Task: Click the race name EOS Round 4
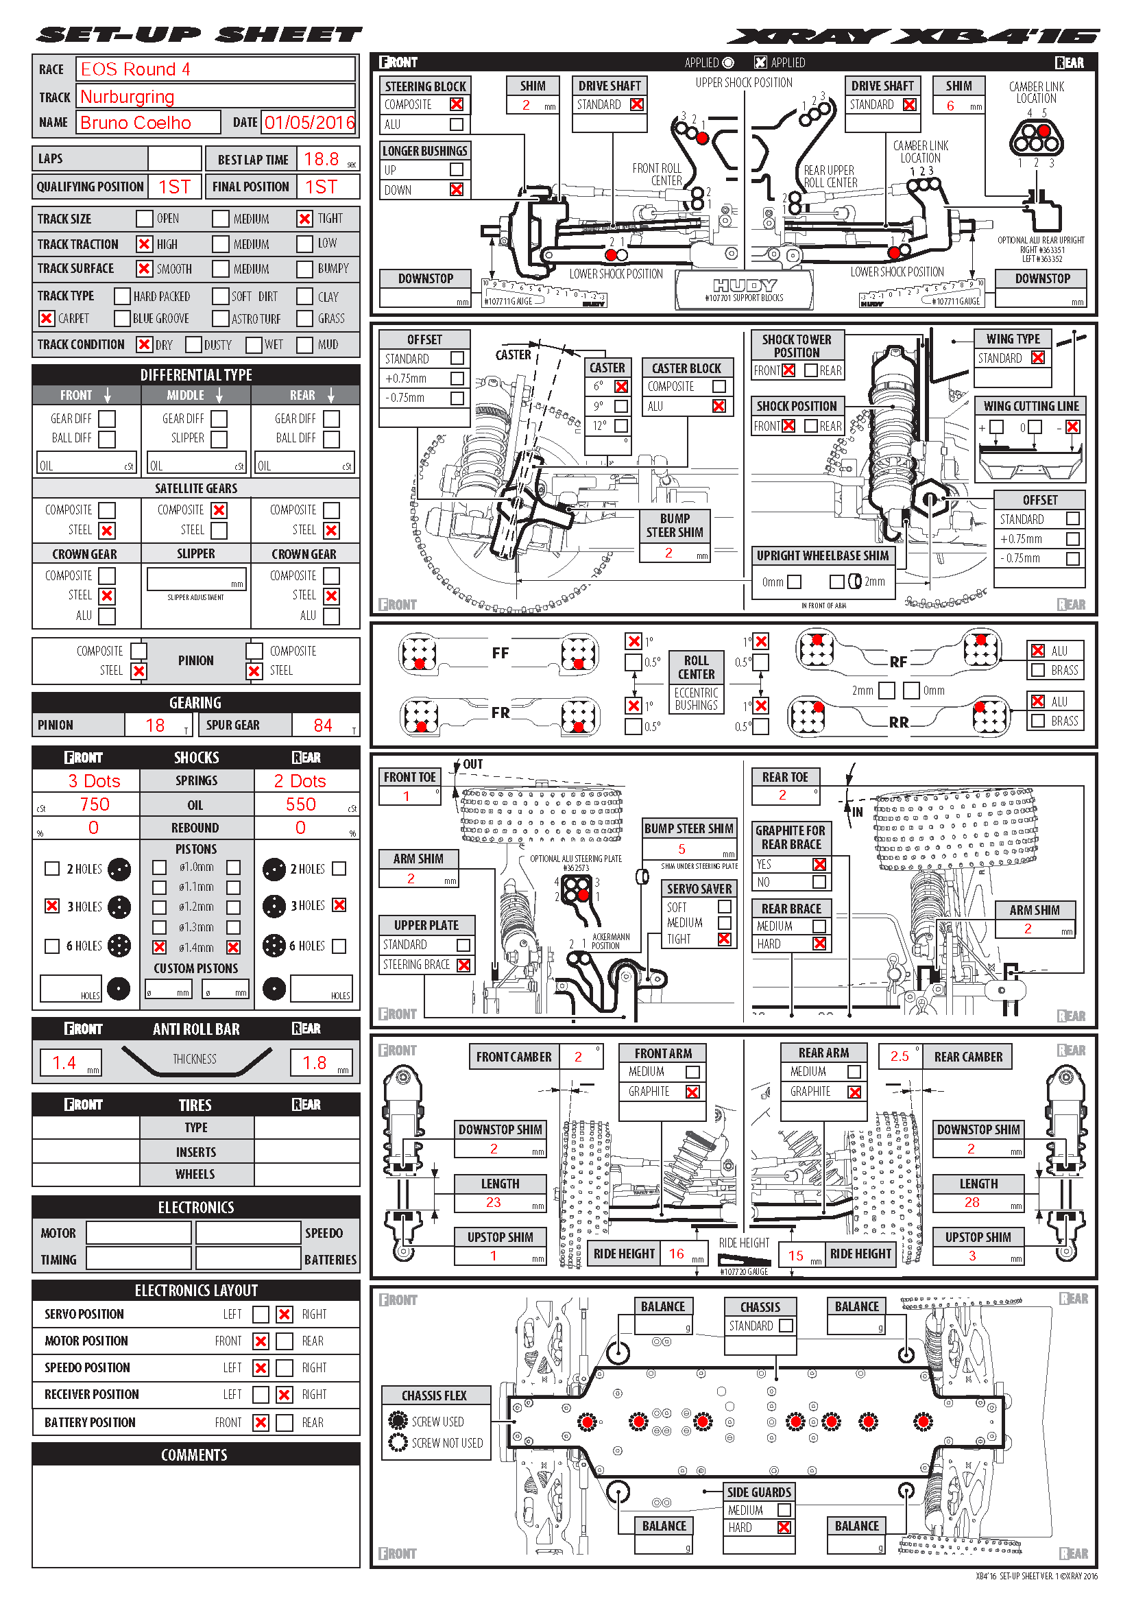click(x=136, y=69)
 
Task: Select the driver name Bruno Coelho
click(x=136, y=123)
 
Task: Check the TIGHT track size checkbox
click(x=304, y=219)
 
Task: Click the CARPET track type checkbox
click(x=47, y=319)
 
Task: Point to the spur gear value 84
click(x=323, y=725)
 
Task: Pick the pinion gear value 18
click(x=155, y=725)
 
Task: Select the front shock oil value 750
click(x=94, y=804)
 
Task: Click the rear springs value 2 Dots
click(x=300, y=781)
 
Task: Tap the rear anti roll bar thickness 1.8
click(x=314, y=1062)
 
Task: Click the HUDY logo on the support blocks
click(x=745, y=285)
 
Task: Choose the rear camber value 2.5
click(x=900, y=1056)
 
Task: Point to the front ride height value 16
click(x=676, y=1254)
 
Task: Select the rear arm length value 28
click(x=972, y=1202)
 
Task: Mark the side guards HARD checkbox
click(x=784, y=1528)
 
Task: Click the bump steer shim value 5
click(x=681, y=849)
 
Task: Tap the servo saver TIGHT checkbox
click(x=725, y=939)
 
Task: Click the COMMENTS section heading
click(x=195, y=1455)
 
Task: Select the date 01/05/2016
click(x=309, y=123)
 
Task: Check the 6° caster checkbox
click(x=620, y=387)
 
